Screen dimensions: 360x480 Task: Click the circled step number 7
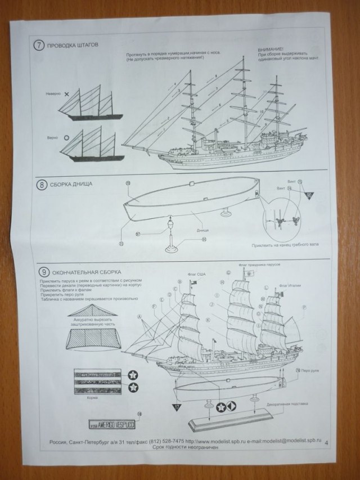click(39, 46)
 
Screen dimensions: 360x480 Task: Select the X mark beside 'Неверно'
click(67, 95)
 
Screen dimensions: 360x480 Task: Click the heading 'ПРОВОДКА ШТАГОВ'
click(74, 46)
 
